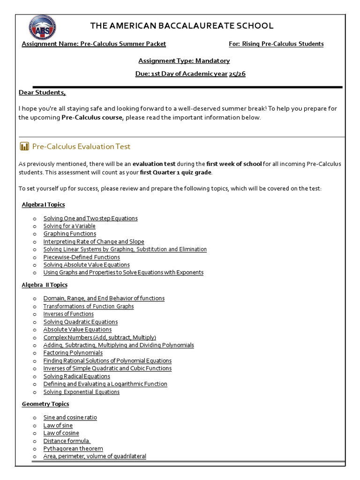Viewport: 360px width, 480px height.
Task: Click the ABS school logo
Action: [42, 27]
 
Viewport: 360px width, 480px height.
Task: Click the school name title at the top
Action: [181, 26]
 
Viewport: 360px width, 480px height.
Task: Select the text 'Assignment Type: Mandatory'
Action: [184, 60]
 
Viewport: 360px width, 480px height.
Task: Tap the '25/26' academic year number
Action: [237, 74]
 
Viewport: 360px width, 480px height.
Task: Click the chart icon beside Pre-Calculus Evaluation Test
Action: [24, 147]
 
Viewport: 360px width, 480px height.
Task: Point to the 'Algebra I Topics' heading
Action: [43, 204]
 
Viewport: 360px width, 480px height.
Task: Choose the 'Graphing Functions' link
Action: [69, 233]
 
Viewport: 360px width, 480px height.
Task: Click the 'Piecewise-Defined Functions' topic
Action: [82, 257]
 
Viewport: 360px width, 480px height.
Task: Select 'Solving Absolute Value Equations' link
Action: [86, 265]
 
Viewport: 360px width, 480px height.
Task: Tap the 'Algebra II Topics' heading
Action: [45, 285]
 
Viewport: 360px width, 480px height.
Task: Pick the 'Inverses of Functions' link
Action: [68, 314]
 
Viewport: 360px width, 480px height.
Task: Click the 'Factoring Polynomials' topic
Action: [73, 353]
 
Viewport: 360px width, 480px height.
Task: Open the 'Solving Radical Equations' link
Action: [76, 376]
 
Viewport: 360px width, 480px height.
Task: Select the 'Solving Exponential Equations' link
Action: [81, 392]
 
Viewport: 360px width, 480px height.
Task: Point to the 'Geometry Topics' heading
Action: [45, 404]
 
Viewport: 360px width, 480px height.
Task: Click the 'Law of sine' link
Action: [58, 426]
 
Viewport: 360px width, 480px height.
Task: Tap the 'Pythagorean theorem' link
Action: [73, 449]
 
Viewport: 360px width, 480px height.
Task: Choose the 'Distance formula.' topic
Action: [67, 441]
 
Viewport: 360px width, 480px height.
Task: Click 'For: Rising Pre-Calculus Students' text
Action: [276, 44]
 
